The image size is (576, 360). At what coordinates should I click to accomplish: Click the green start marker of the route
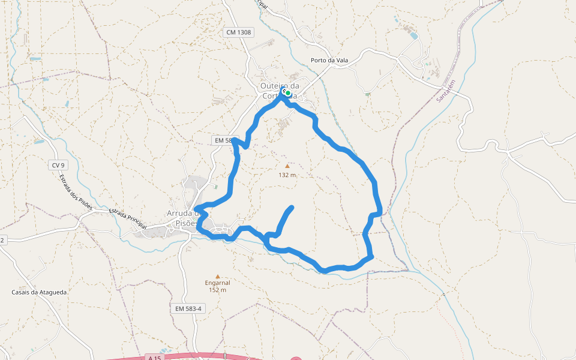pos(288,93)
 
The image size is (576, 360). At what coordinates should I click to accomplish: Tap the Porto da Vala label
pos(329,60)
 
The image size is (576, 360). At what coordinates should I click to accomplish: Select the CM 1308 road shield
pos(239,32)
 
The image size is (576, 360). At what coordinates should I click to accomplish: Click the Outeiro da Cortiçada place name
pos(279,91)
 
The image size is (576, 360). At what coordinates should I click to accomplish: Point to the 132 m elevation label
pos(287,175)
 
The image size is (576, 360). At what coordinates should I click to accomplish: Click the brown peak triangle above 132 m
pos(287,166)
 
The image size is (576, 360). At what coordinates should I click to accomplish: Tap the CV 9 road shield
pos(58,164)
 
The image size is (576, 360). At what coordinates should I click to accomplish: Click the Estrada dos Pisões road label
pos(76,192)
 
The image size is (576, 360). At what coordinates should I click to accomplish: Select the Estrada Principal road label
pos(128,218)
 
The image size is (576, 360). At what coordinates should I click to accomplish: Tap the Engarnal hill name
pos(217,283)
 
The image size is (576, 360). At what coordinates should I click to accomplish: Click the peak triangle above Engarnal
pos(217,275)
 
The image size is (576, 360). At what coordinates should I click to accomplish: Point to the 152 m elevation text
pos(217,290)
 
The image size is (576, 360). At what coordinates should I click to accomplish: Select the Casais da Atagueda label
pos(39,292)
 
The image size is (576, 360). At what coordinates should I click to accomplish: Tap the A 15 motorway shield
pos(155,358)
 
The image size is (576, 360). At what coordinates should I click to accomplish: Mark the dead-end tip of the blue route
pos(292,208)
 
